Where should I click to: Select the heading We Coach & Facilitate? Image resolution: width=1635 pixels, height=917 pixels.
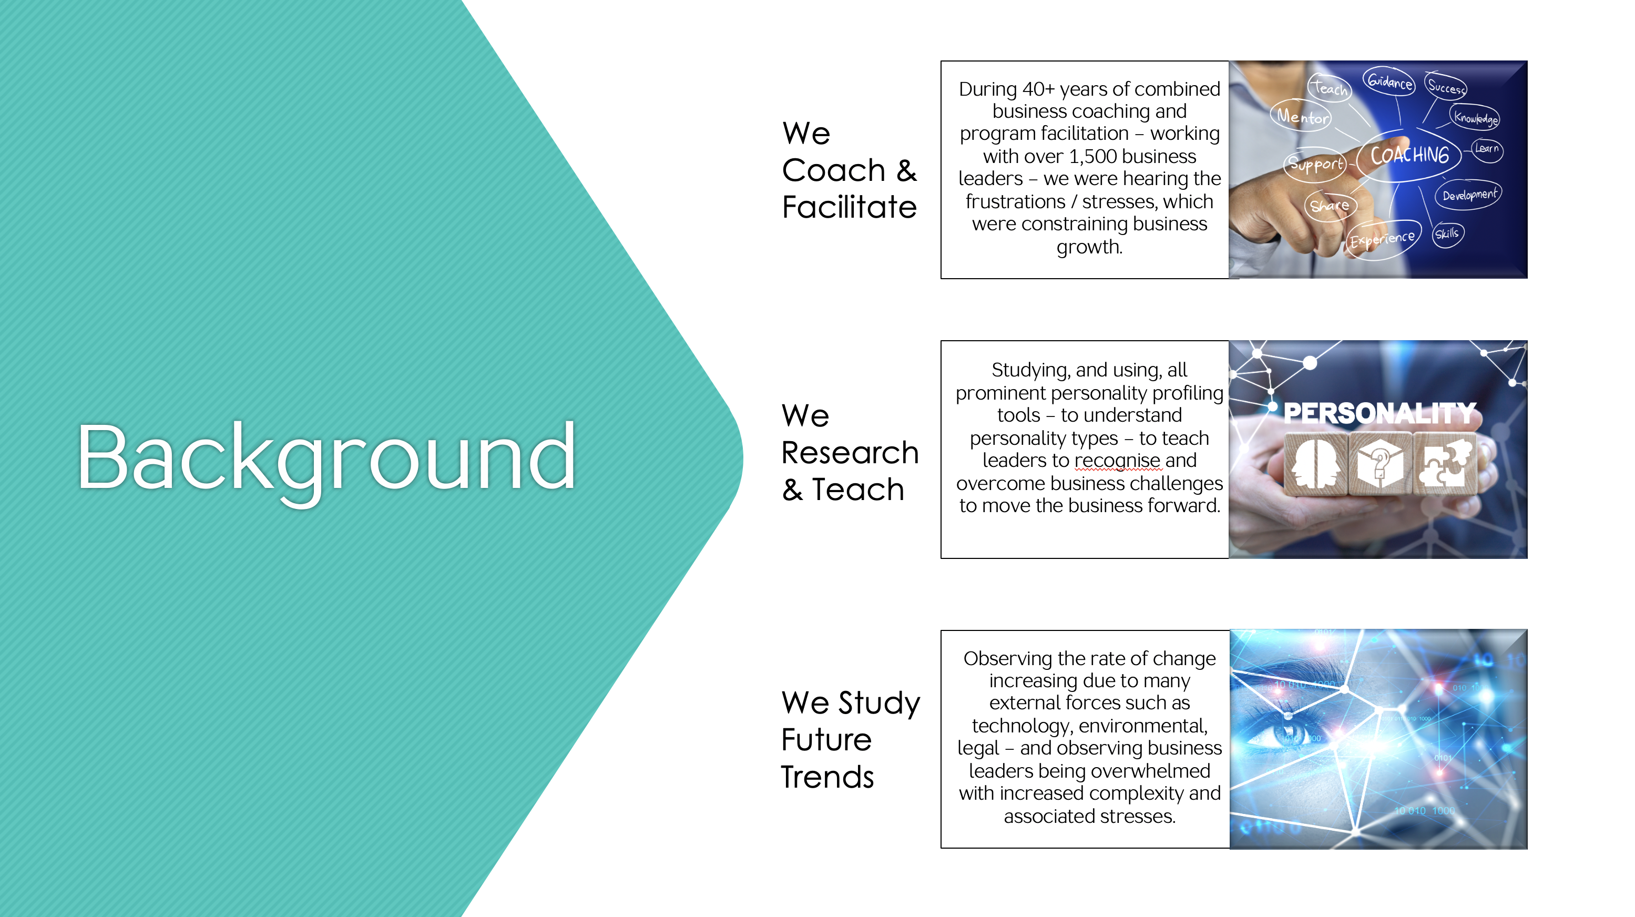click(x=849, y=170)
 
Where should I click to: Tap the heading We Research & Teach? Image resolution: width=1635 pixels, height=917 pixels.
click(x=850, y=453)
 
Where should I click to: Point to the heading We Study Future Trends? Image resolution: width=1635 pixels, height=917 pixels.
click(x=850, y=739)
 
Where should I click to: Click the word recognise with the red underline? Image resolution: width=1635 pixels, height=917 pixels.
click(x=1118, y=461)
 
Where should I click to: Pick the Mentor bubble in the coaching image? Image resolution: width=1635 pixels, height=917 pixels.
click(x=1302, y=116)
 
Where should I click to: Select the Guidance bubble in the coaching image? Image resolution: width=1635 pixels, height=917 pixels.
click(x=1389, y=81)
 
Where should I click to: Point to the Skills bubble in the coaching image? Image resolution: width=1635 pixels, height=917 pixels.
click(x=1447, y=234)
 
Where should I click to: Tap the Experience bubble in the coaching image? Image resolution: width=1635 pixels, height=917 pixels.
click(x=1382, y=240)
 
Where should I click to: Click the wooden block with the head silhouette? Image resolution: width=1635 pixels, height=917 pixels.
click(x=1316, y=464)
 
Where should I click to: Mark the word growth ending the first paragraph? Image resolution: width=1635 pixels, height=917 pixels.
click(x=1090, y=247)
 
